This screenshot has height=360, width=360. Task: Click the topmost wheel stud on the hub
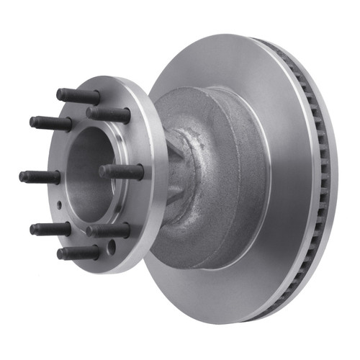[x=78, y=96]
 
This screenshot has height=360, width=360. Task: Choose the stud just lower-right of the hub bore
[x=109, y=231]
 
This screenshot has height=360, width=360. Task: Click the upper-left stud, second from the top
[x=50, y=122]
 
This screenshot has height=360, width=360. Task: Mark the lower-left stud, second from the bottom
[x=50, y=229]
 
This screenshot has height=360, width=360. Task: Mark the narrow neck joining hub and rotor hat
[x=176, y=173]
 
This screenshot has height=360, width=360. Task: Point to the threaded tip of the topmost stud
[x=61, y=93]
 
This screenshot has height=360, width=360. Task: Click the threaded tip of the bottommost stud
[x=61, y=254]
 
